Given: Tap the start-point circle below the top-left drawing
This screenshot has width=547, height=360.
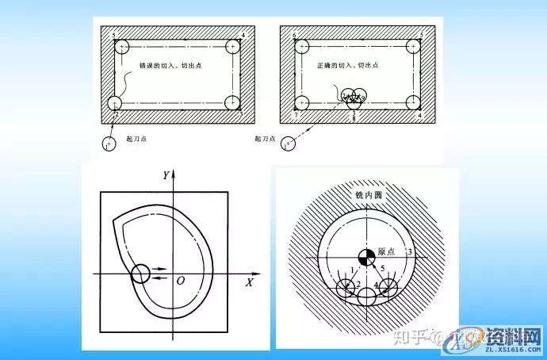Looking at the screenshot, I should tap(109, 144).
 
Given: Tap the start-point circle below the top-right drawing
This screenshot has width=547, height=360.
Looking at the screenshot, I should tap(288, 144).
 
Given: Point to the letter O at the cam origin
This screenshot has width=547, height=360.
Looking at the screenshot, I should tap(181, 281).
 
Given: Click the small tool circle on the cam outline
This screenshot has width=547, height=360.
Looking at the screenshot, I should tap(140, 274).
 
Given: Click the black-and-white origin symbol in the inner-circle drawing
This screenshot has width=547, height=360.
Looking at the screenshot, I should tap(366, 257).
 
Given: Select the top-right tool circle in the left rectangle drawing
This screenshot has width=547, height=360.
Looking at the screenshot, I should tap(232, 47).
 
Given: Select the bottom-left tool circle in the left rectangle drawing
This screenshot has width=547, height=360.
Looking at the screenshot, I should tap(117, 103).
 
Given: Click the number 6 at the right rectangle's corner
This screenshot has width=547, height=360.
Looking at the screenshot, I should tap(294, 36).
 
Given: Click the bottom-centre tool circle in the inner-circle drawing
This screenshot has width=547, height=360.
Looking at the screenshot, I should tap(367, 297).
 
